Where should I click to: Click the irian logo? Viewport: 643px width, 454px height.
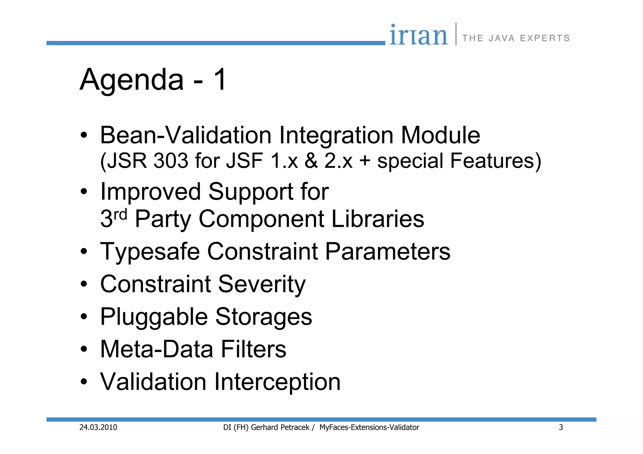[419, 35]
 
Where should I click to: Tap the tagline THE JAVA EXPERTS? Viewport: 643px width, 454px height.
[516, 38]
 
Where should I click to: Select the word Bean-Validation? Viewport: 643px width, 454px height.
[186, 136]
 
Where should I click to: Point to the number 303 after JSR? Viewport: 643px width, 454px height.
[171, 161]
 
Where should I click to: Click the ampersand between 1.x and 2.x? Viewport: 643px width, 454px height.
[311, 161]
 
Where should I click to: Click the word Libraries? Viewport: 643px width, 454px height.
[378, 219]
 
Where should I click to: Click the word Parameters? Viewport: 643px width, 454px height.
[387, 252]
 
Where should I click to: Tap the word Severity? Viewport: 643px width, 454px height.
[262, 284]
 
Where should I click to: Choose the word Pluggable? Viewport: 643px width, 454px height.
[154, 317]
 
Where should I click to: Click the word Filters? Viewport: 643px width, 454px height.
[253, 349]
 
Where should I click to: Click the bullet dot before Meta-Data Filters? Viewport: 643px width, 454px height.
[84, 349]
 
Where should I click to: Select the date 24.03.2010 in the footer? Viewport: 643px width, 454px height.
[98, 427]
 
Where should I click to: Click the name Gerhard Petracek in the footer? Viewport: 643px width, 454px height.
[280, 427]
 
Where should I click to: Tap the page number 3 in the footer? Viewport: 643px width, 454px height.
[561, 427]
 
